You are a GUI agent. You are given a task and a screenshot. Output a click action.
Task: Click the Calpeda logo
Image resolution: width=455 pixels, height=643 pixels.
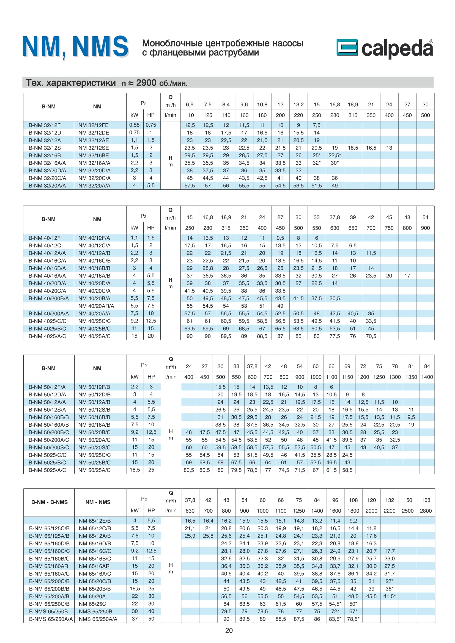coord(384,48)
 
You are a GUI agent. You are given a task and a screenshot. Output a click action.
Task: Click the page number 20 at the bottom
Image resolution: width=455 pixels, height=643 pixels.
coord(229,630)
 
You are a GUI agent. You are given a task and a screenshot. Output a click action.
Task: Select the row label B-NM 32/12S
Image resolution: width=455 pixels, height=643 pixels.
coord(45,148)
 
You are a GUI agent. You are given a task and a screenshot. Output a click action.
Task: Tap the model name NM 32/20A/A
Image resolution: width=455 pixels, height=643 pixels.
coord(94,186)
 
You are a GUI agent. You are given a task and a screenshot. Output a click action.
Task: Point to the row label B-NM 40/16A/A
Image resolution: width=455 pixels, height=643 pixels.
coord(47,276)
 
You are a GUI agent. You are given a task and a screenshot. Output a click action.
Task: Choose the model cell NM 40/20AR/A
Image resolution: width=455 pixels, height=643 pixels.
coord(96,306)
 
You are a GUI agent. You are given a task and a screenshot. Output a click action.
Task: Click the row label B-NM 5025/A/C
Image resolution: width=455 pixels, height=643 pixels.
coord(47,470)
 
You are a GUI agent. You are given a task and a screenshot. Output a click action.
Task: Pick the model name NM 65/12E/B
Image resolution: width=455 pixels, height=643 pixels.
coord(95,521)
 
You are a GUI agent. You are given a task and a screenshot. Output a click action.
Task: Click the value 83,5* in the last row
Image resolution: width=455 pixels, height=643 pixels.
coord(335,619)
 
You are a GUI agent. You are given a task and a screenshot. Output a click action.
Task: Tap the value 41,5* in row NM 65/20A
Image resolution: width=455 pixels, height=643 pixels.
coord(390,596)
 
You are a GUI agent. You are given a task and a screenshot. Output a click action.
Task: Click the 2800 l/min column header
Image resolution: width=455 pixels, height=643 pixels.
coord(426,511)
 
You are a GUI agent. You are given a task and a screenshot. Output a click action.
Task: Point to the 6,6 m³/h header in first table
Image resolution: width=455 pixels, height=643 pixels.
coord(190,105)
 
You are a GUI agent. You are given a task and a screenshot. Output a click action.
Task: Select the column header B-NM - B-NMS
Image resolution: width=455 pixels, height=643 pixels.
coord(50,502)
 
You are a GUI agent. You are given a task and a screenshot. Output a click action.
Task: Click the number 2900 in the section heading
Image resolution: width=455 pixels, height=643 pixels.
coord(146,83)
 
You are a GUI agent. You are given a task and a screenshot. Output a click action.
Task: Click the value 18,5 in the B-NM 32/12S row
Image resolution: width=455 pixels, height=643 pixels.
coord(353,148)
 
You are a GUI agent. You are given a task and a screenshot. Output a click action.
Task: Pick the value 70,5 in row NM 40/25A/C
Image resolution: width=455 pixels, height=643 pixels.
coord(371,336)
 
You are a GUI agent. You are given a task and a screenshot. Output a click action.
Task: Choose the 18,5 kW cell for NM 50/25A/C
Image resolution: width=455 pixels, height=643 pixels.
coord(135,470)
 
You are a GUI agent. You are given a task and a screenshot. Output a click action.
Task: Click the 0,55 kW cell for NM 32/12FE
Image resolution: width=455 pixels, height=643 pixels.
coord(135,125)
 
